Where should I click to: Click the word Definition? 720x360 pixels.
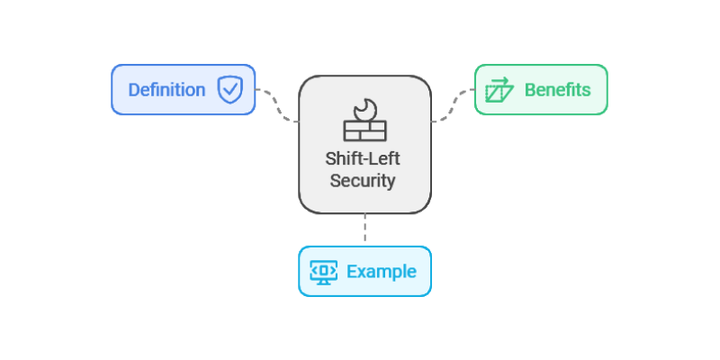166,90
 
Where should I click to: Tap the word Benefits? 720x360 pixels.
557,90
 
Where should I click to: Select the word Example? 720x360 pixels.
382,272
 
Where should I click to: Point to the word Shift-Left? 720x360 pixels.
364,159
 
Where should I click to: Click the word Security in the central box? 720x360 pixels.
363,180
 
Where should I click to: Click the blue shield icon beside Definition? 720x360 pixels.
230,90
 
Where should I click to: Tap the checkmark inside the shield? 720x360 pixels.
230,90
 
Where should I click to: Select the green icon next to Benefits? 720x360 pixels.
499,90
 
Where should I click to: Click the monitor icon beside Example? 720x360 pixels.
324,272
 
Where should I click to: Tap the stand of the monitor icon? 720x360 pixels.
324,282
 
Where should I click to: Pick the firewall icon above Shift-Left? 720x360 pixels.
364,121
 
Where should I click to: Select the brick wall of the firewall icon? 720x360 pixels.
364,130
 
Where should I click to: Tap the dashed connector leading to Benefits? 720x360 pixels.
454,104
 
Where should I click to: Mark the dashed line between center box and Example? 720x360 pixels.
364,229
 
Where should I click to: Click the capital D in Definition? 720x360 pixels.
133,90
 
